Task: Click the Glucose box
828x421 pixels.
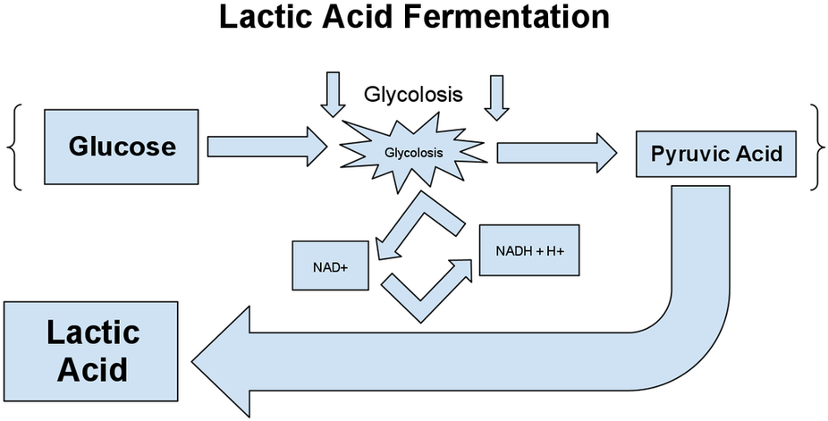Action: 121,147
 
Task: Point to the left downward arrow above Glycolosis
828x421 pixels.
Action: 333,94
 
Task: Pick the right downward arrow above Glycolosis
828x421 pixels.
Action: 496,96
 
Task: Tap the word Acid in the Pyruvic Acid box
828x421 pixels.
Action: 756,154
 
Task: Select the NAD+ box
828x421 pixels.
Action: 331,265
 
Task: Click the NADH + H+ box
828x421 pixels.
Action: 529,250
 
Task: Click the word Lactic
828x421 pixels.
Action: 93,333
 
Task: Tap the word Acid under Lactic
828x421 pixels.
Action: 93,370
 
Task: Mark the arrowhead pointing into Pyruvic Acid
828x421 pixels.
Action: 604,153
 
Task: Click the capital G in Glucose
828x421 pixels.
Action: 79,147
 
